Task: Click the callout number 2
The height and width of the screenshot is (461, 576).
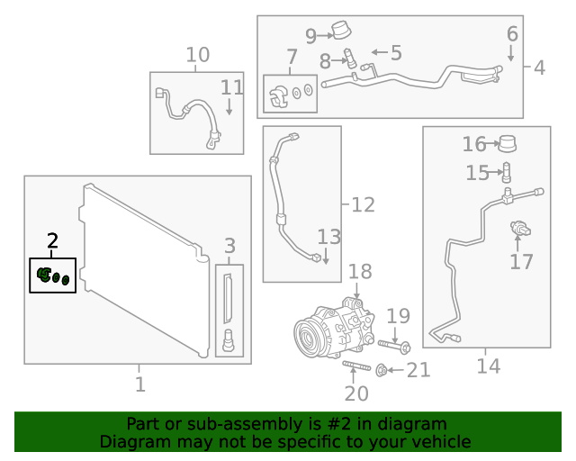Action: [x=52, y=241]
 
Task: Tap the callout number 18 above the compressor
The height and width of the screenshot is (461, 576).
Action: [x=359, y=272]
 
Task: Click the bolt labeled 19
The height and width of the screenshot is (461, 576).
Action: [x=393, y=345]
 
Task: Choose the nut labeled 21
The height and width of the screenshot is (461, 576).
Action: [x=382, y=368]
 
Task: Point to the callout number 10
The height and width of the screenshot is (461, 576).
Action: [x=197, y=57]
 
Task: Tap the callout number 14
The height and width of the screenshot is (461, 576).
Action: [x=487, y=366]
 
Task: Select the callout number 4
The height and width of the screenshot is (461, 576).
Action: [x=538, y=68]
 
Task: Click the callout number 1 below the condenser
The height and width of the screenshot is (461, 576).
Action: [x=139, y=384]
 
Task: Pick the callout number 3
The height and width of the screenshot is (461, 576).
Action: [x=229, y=245]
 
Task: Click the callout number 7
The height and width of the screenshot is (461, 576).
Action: [x=291, y=60]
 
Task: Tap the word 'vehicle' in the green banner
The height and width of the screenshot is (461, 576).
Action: [x=439, y=441]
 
